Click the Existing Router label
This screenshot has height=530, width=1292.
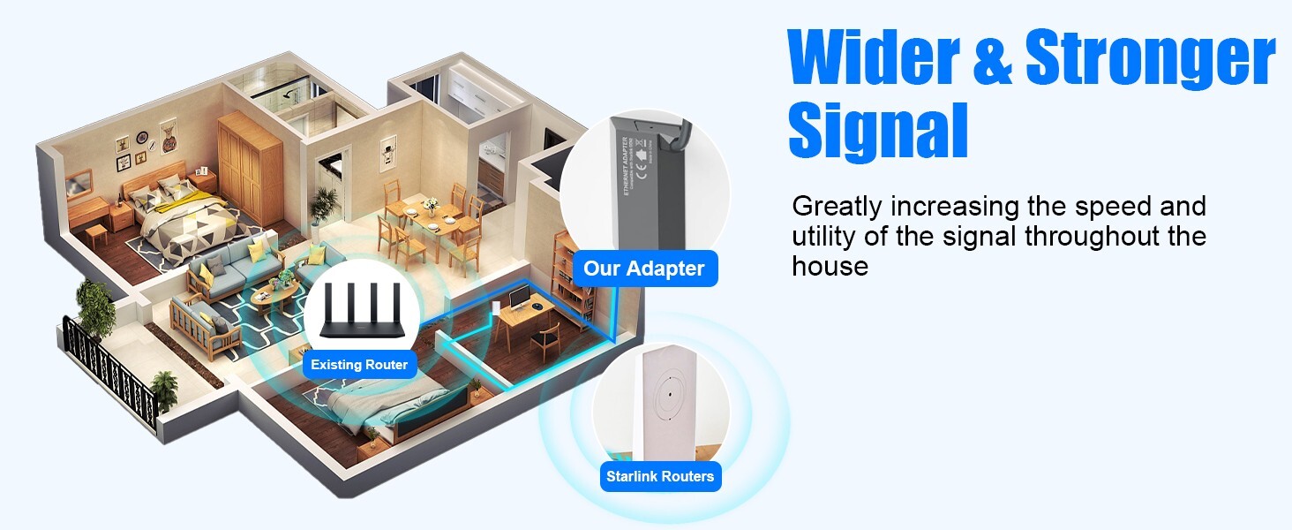click(x=359, y=364)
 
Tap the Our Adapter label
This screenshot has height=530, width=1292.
click(x=644, y=269)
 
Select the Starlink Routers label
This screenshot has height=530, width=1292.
click(x=660, y=477)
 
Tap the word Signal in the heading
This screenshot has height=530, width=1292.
click(x=877, y=130)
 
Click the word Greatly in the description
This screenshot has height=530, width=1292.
click(x=837, y=207)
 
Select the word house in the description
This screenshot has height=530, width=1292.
click(x=830, y=266)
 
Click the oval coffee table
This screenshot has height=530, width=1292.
click(x=274, y=293)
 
